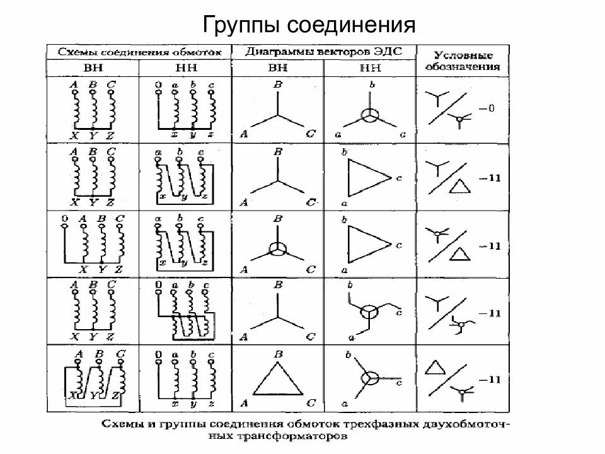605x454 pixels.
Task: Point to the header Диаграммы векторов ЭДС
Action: coord(324,51)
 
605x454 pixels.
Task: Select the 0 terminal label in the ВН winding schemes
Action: coord(64,219)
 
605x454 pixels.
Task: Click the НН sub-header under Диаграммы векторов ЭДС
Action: coord(369,67)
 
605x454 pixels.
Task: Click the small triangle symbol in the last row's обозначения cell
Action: coord(434,368)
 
